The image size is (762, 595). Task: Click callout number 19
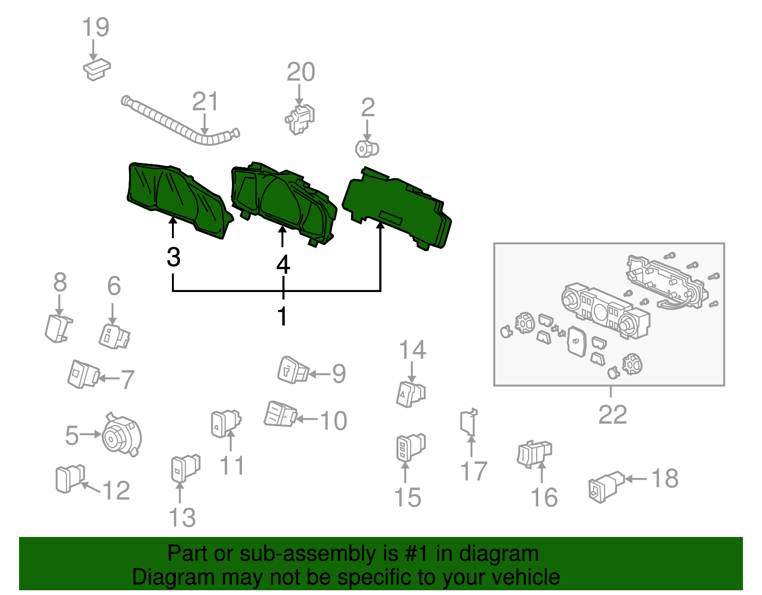point(96,27)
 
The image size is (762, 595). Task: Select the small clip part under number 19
point(97,70)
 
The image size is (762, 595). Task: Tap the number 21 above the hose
point(205,102)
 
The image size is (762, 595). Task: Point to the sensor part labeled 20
point(301,119)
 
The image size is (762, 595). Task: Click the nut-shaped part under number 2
point(367,149)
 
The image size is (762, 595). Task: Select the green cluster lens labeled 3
point(176,200)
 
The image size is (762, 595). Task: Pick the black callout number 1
point(282,316)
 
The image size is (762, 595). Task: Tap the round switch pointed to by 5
point(122,436)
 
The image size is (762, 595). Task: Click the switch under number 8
point(59,329)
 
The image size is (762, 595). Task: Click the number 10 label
point(333,421)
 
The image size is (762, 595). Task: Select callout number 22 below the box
point(612,415)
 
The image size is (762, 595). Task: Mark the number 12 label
point(116,491)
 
